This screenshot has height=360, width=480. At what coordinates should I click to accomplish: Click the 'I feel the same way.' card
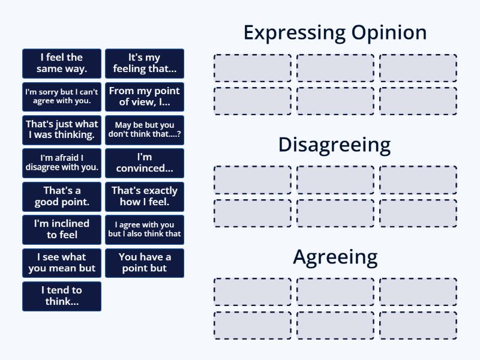coord(62,64)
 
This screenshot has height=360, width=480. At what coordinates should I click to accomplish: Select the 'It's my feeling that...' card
coord(145,64)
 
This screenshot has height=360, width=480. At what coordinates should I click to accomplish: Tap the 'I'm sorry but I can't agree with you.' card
coord(62,97)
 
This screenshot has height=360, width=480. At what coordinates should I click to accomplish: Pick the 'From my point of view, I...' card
coord(145,97)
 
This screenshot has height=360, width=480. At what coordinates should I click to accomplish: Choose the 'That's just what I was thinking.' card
coord(62,130)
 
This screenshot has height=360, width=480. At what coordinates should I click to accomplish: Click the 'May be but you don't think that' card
coord(145,130)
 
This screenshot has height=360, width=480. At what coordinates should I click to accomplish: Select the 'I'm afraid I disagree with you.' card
coord(62,163)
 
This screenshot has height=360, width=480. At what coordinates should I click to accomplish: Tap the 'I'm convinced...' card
coord(145,163)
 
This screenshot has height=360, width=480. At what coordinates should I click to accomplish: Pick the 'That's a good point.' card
coord(62,196)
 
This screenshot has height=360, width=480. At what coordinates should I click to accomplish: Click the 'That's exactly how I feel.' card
coord(145,196)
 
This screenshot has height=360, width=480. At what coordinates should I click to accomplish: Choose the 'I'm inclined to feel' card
coord(62,229)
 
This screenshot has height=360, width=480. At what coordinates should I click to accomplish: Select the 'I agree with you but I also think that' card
coord(145,229)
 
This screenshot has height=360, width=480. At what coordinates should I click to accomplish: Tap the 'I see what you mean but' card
coord(62,263)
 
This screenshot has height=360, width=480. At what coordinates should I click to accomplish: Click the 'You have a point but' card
coord(145,263)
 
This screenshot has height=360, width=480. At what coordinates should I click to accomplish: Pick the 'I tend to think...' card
coord(62,296)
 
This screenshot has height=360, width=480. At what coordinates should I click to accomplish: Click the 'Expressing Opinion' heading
coord(335,32)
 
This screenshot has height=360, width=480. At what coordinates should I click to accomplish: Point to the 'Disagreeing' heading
coord(334,145)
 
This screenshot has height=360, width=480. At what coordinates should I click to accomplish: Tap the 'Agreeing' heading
coord(335,257)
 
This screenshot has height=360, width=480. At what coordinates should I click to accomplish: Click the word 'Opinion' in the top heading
coord(388,32)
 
